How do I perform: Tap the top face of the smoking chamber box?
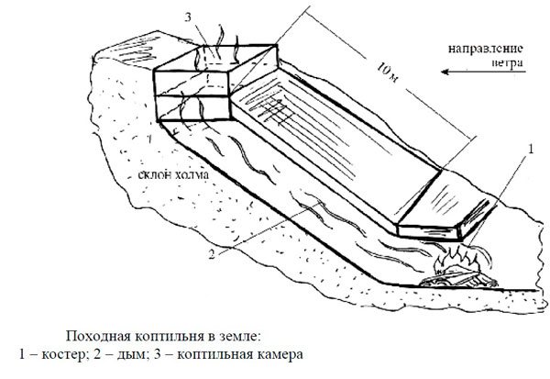coord(214,60)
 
